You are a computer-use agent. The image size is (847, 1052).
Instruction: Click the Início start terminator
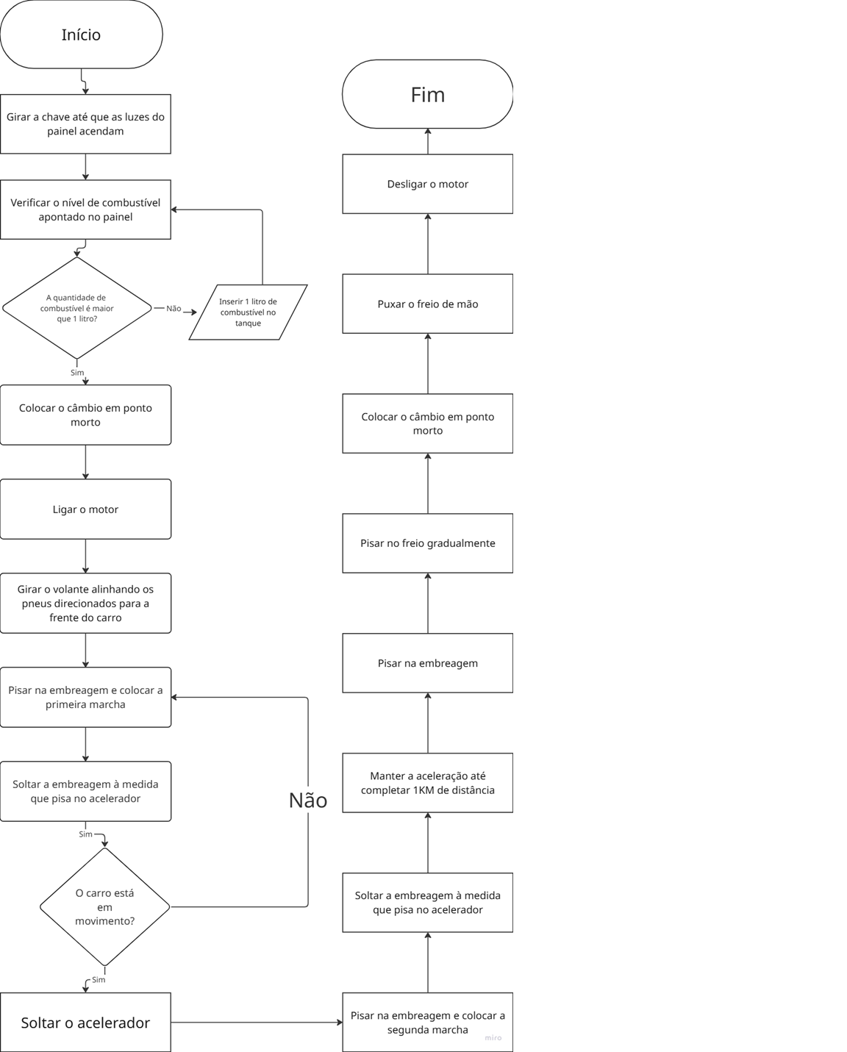click(x=81, y=35)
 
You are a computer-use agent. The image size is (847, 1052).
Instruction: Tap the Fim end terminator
click(x=427, y=94)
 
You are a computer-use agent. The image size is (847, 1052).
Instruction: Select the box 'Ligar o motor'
click(x=85, y=509)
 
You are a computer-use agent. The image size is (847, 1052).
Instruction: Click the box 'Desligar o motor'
click(x=427, y=184)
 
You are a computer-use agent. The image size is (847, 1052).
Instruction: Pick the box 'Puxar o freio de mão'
click(x=427, y=304)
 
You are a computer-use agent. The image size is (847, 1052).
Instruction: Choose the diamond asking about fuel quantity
click(x=76, y=308)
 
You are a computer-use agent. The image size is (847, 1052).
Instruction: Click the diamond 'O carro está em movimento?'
click(x=104, y=907)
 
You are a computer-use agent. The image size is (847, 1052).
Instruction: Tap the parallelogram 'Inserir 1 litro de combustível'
click(x=248, y=312)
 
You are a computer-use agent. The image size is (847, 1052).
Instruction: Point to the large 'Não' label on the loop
click(x=308, y=801)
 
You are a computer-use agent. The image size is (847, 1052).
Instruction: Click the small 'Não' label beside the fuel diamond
click(x=174, y=309)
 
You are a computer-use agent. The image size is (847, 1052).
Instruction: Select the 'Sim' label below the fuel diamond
click(x=77, y=373)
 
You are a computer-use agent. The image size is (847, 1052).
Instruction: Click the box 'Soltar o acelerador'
click(x=85, y=1022)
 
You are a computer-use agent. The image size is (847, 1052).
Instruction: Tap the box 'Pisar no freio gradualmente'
click(x=427, y=543)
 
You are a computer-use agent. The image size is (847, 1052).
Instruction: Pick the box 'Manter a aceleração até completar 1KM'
click(x=427, y=783)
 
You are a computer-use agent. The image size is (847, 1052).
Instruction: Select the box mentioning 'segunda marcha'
click(x=427, y=1022)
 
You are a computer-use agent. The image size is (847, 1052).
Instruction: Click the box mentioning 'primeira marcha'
click(x=85, y=697)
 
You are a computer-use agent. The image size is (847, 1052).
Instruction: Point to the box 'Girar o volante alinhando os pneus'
click(x=85, y=604)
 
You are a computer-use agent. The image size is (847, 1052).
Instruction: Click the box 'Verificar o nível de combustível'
click(x=85, y=210)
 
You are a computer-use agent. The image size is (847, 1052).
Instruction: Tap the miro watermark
click(x=493, y=1038)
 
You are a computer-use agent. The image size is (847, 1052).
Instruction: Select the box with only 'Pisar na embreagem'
click(x=427, y=663)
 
